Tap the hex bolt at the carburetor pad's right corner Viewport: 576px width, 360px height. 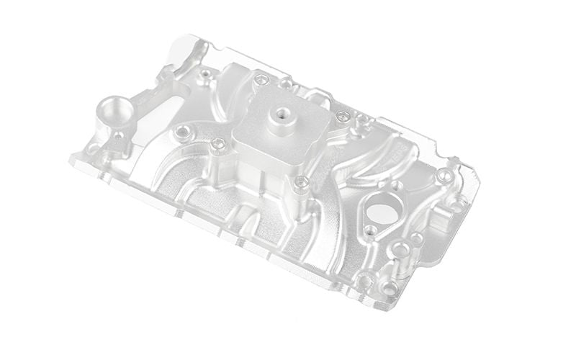point(341,115)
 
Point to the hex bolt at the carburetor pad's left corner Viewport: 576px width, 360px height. point(220,144)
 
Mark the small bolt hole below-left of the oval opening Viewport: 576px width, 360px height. point(370,230)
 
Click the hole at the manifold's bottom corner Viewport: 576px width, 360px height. point(390,287)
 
